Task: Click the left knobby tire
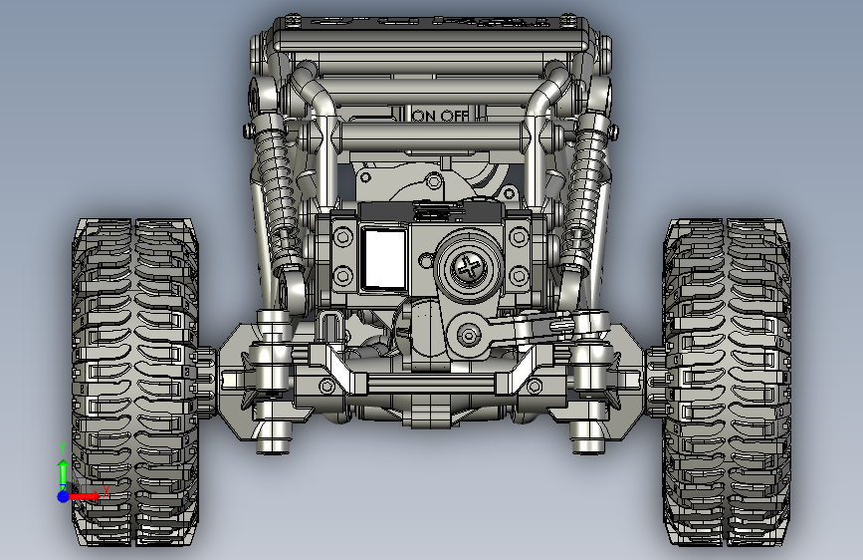[x=134, y=382]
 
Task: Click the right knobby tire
[x=728, y=382]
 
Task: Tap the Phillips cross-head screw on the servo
[x=469, y=268]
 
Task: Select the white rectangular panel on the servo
[x=385, y=258]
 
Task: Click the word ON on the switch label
[x=424, y=116]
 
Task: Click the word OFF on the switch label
[x=455, y=116]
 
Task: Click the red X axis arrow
[x=84, y=496]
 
